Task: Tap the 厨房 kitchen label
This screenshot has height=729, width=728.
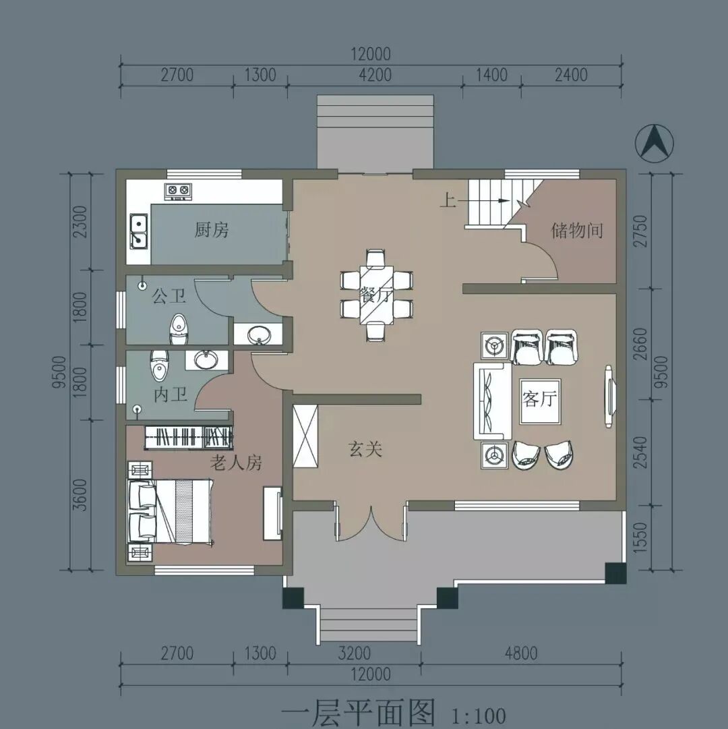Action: (x=212, y=230)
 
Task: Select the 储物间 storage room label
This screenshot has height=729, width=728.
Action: (x=577, y=231)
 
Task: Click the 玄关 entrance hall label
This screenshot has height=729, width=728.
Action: (x=365, y=449)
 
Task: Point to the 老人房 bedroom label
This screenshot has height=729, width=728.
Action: (x=236, y=462)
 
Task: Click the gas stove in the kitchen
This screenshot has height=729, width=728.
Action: (x=178, y=191)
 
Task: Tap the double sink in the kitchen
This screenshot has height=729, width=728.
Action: (x=139, y=231)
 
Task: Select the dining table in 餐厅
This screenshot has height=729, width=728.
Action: (x=376, y=294)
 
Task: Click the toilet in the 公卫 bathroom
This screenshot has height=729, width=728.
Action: (x=179, y=329)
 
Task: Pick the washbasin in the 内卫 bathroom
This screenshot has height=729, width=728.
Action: (x=206, y=360)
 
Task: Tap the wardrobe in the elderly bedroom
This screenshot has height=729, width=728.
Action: (x=189, y=437)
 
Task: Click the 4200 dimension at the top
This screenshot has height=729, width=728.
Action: (x=375, y=75)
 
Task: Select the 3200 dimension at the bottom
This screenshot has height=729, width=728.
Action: (x=354, y=653)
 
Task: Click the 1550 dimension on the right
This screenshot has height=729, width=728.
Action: (x=640, y=537)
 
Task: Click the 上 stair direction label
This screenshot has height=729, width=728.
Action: (x=448, y=200)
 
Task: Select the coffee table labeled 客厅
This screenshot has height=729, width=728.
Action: (x=540, y=401)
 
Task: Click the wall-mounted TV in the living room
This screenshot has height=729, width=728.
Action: (x=609, y=396)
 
